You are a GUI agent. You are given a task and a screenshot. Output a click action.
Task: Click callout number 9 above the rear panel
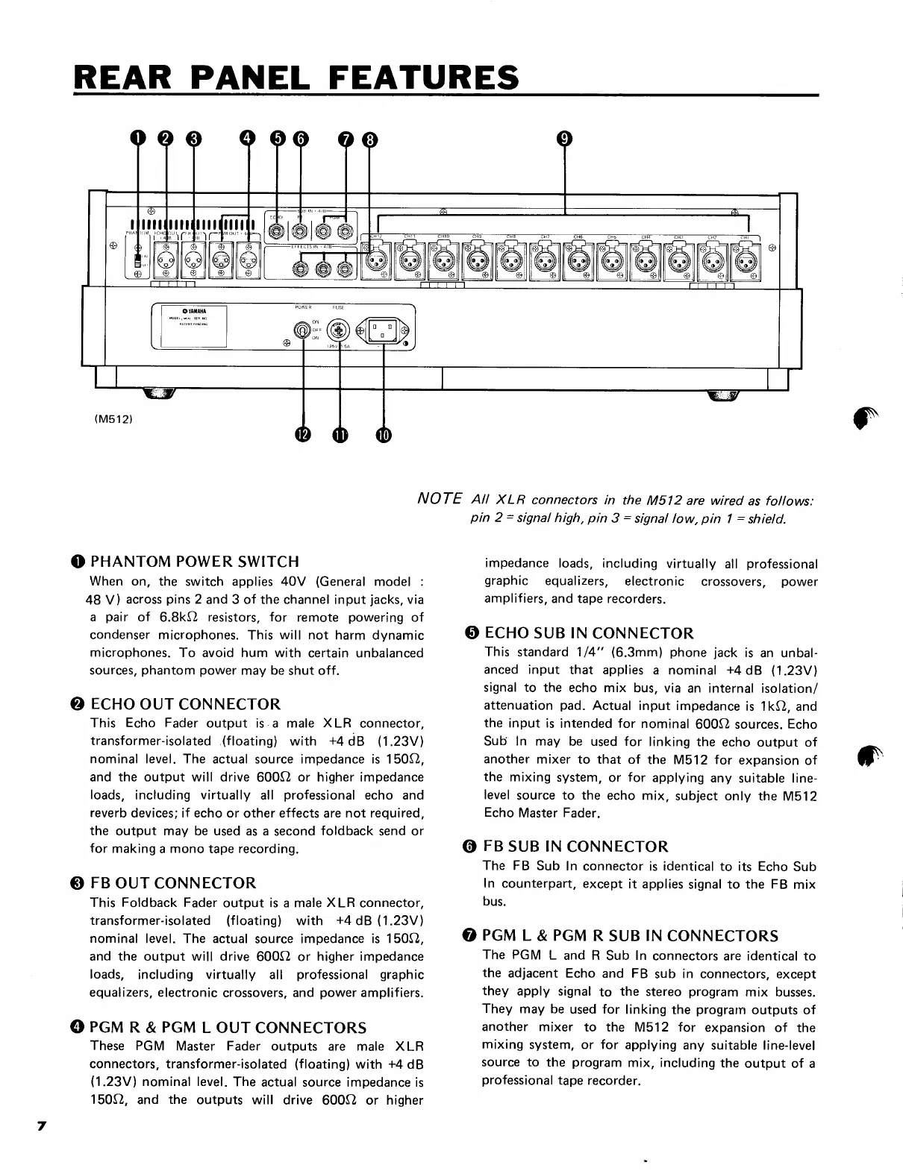[x=565, y=139]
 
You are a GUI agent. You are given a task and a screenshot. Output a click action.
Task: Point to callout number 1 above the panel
[x=138, y=139]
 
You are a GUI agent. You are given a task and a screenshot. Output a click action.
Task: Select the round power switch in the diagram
[x=302, y=330]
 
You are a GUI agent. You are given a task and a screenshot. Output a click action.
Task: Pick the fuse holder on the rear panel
[x=340, y=329]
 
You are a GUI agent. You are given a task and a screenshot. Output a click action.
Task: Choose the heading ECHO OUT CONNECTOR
[x=185, y=704]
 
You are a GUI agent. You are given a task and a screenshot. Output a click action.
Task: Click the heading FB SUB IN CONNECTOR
[x=575, y=847]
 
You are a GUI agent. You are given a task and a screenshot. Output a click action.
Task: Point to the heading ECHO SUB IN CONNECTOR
[x=589, y=634]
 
